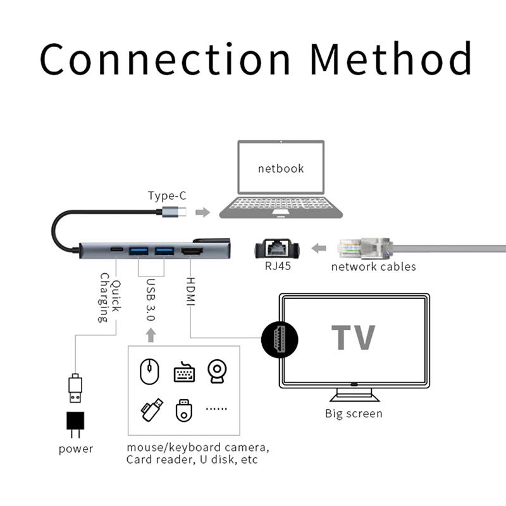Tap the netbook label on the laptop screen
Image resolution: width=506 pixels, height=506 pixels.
click(280, 168)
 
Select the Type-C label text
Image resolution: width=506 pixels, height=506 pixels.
click(167, 195)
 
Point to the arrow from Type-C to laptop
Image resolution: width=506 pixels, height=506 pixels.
click(202, 212)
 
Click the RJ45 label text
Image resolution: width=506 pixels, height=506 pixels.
click(276, 266)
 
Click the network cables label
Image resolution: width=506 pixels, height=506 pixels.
click(373, 266)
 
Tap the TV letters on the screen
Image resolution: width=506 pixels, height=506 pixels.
click(354, 338)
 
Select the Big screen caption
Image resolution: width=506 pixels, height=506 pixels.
click(354, 414)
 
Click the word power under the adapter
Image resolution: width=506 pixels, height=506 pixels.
click(75, 449)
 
